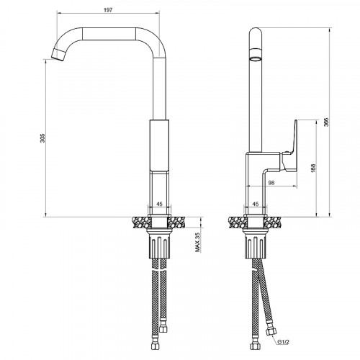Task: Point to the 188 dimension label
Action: tap(311, 169)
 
